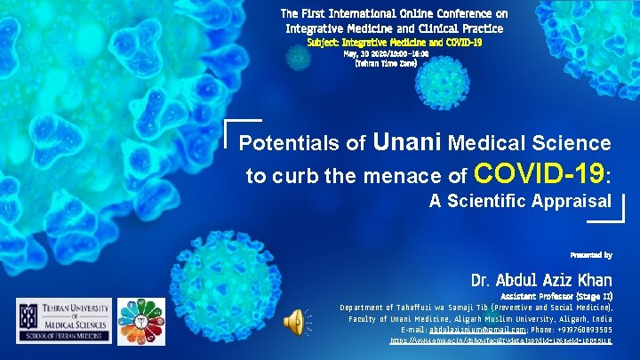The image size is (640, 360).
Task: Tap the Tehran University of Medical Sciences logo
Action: [x=64, y=321]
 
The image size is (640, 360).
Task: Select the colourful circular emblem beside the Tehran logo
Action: [x=141, y=321]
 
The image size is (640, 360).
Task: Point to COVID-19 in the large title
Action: [x=540, y=171]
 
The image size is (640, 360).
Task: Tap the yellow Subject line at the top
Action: [x=394, y=42]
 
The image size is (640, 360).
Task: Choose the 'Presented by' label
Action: [x=590, y=255]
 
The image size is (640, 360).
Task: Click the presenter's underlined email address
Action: [x=454, y=328]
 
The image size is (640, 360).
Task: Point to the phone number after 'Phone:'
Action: [x=580, y=328]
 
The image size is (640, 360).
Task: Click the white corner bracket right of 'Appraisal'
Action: [x=619, y=211]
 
